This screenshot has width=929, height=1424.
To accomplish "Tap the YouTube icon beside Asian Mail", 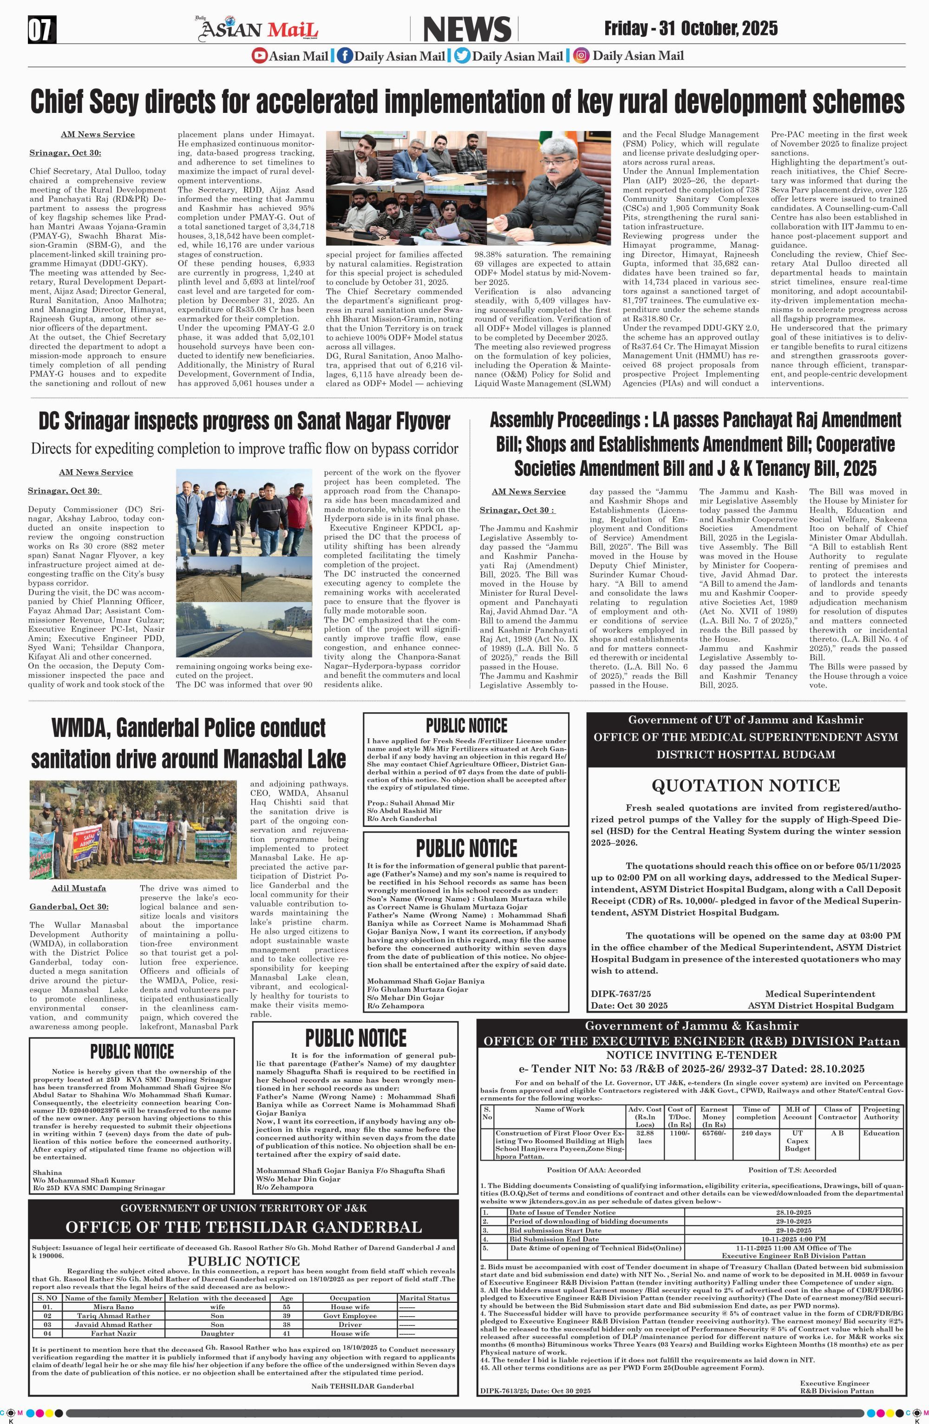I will pyautogui.click(x=259, y=56).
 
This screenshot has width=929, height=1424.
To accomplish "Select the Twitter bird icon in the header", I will pyautogui.click(x=462, y=56).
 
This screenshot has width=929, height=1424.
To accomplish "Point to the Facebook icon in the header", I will pyautogui.click(x=344, y=56).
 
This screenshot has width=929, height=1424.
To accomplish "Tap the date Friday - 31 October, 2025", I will pyautogui.click(x=691, y=28).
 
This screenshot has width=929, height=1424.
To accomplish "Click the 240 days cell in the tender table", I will pyautogui.click(x=756, y=1133).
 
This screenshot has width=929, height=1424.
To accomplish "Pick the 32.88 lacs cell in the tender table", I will pyautogui.click(x=644, y=1137).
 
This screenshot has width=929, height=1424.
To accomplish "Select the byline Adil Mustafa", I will pyautogui.click(x=79, y=888).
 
